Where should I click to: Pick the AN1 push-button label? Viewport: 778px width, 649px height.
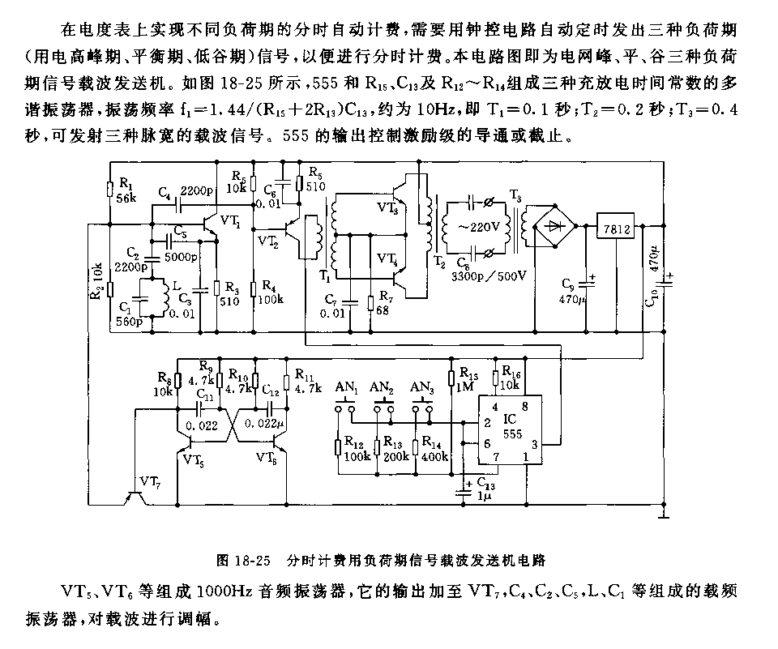(x=347, y=386)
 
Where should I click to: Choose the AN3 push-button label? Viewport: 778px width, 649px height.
(x=421, y=386)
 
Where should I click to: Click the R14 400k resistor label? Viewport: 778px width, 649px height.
(x=433, y=449)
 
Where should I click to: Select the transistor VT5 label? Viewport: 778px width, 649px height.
(x=194, y=459)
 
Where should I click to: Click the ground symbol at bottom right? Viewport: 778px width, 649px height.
(x=663, y=512)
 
